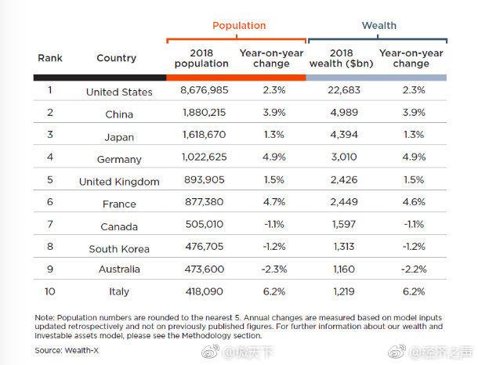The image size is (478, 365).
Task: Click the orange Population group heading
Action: [239, 25]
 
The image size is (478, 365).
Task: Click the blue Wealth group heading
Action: [378, 25]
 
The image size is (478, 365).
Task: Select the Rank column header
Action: [50, 58]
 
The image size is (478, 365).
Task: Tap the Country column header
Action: [116, 58]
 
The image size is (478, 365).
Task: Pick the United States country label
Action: [119, 92]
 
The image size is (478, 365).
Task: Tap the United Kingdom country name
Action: [119, 182]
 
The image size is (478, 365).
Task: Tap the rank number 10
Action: [50, 291]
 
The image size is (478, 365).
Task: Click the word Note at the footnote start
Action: [45, 316]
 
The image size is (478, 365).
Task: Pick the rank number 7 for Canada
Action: [50, 225]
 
